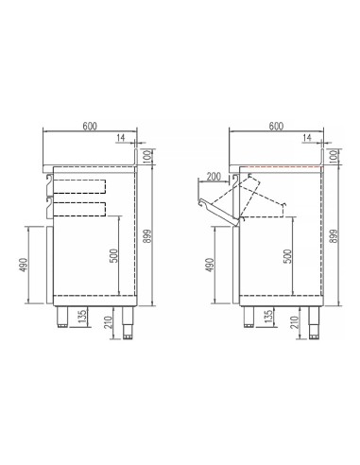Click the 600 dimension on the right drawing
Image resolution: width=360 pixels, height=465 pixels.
276,126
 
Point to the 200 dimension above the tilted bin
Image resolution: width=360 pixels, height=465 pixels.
214,178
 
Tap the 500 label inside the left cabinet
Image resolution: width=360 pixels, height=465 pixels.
113,255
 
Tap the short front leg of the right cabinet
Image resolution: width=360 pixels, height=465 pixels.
249,319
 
